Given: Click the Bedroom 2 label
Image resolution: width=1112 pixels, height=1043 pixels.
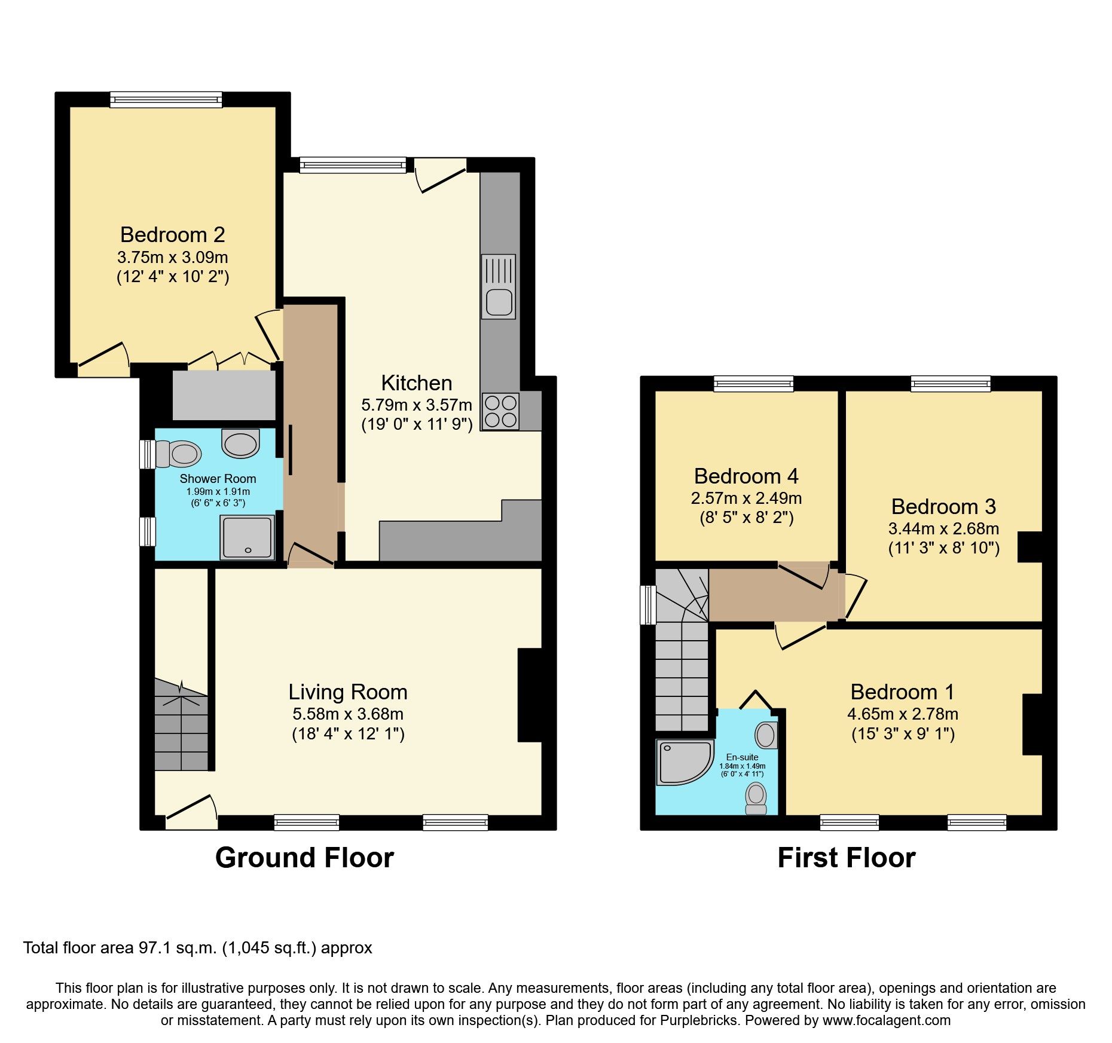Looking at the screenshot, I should click(x=172, y=235).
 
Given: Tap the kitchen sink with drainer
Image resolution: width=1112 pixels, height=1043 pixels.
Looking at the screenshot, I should click(x=498, y=286).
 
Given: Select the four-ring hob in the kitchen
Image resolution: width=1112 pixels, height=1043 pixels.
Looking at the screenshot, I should click(x=500, y=411).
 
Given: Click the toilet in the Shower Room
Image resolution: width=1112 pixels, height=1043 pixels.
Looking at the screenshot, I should click(x=178, y=454).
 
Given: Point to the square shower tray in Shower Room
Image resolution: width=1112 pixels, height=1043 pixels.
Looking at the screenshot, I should click(x=247, y=537).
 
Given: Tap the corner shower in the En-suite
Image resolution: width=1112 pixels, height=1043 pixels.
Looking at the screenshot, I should click(x=683, y=761).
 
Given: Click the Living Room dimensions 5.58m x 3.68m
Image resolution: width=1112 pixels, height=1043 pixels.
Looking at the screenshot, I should click(x=348, y=714).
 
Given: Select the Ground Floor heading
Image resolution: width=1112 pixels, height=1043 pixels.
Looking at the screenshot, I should click(x=304, y=858).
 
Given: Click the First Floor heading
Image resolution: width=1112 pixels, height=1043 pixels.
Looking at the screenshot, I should click(x=846, y=858).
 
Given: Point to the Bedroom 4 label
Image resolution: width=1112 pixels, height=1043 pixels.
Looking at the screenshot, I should click(x=746, y=476).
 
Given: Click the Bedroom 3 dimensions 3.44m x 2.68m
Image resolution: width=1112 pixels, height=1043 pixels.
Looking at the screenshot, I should click(x=943, y=528).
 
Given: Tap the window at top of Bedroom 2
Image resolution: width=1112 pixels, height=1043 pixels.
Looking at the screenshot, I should click(x=166, y=99).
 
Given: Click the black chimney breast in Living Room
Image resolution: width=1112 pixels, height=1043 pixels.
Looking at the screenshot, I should click(x=530, y=695).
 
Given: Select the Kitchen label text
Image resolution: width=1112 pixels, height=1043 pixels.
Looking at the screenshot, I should click(x=417, y=383).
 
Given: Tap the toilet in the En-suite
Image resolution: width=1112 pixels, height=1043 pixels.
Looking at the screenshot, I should click(x=756, y=798).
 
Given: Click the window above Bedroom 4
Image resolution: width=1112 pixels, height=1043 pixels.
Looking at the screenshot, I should click(x=753, y=383).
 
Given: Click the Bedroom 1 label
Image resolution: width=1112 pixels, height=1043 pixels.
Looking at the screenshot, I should click(x=902, y=692).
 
